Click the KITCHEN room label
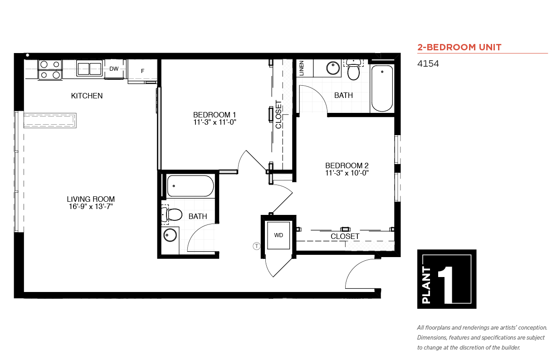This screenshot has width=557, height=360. [x=87, y=96]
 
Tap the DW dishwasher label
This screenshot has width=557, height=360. [x=114, y=69]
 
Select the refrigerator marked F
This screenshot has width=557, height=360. [x=142, y=71]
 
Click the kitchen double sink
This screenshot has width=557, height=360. [x=89, y=68]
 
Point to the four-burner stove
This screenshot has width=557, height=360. [x=50, y=70]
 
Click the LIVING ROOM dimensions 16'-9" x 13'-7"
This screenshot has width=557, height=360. [x=91, y=207]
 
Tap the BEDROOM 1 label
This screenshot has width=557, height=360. [x=215, y=115]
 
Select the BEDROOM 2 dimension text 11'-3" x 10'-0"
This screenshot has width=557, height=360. [x=347, y=173]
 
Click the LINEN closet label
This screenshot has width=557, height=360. [x=301, y=68]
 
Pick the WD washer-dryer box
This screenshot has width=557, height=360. [x=278, y=235]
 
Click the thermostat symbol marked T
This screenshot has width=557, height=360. [x=256, y=246]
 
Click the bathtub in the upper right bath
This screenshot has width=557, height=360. [x=382, y=88]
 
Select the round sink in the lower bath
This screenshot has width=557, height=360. [x=170, y=235]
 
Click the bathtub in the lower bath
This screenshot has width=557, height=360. [x=190, y=186]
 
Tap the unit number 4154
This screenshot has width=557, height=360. [x=428, y=63]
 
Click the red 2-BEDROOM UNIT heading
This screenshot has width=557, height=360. [x=459, y=47]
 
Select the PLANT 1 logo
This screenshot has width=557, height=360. [x=447, y=279]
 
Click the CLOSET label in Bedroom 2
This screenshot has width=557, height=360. [x=345, y=236]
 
